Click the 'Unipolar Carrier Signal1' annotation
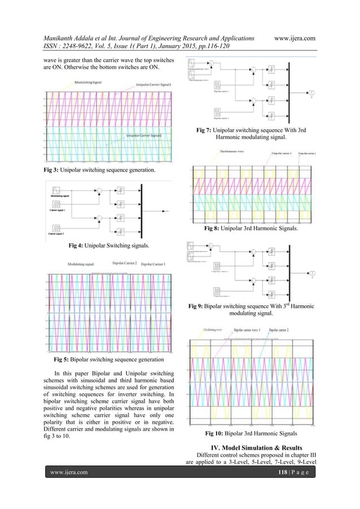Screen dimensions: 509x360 click(154, 85)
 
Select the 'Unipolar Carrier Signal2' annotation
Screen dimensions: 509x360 click(148, 135)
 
